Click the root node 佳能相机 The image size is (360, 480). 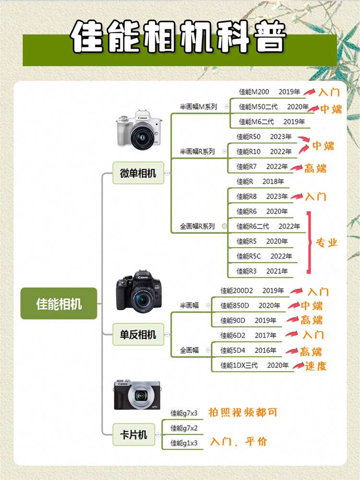[59, 303]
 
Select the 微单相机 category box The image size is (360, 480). [138, 173]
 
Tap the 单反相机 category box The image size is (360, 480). [138, 334]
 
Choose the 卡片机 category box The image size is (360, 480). [133, 434]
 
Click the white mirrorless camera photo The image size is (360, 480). [139, 130]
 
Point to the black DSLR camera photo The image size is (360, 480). [139, 291]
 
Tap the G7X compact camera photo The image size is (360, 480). [137, 395]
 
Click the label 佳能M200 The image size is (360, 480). [254, 92]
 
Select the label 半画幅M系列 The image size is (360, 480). [198, 107]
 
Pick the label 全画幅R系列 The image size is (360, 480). [197, 226]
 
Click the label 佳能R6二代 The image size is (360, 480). [253, 226]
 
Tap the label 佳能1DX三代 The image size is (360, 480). [239, 365]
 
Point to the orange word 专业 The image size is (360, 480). [326, 243]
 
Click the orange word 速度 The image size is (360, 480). [316, 366]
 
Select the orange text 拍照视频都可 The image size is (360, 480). [243, 412]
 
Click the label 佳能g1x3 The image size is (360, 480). [184, 443]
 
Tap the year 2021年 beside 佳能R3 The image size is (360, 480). [277, 271]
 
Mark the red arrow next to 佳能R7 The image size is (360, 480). [296, 168]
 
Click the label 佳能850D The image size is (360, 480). [235, 305]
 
